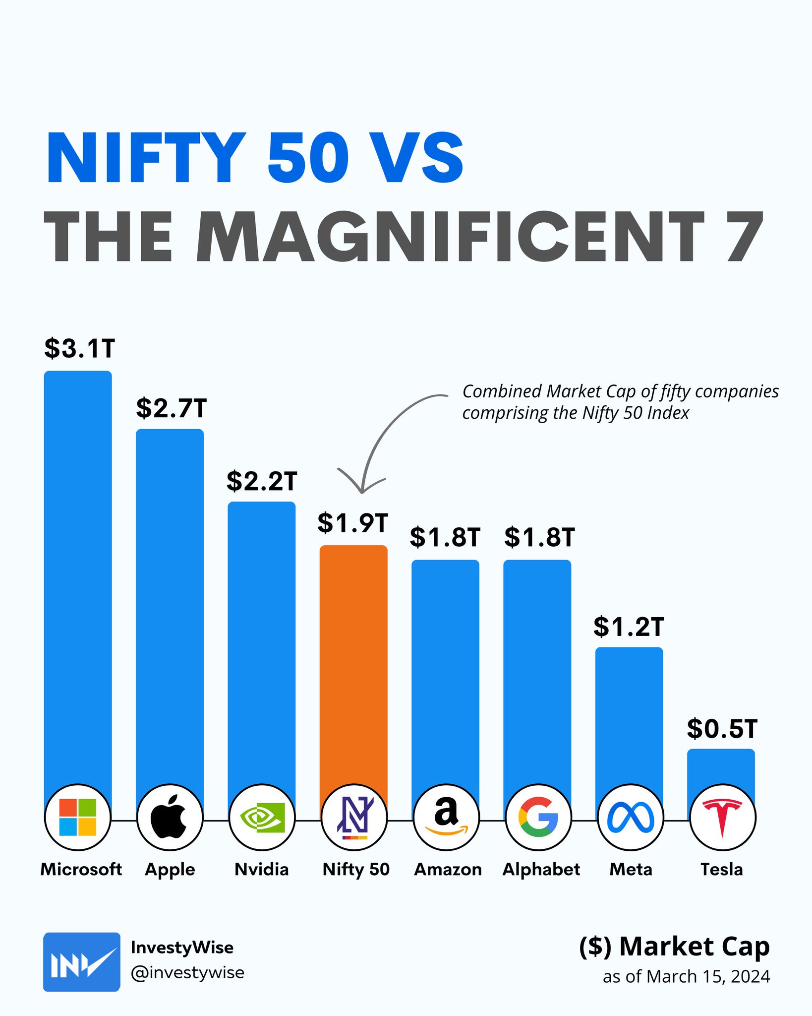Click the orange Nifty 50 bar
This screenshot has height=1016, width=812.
pos(353,660)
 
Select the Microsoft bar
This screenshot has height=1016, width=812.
pos(78,571)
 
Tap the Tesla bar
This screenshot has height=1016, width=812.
pos(721,769)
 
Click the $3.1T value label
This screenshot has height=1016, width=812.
pos(79,348)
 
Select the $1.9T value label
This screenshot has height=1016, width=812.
pos(352,523)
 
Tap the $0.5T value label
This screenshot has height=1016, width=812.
pos(722,729)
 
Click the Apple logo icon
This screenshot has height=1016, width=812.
pos(170,817)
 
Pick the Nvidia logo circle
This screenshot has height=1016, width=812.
pos(262,817)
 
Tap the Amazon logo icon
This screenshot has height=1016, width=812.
pos(446,817)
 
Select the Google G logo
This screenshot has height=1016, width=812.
pos(538,817)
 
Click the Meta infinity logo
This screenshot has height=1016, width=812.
pos(630,817)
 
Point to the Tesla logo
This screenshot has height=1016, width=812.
pos(722,817)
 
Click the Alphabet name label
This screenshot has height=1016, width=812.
pos(541,869)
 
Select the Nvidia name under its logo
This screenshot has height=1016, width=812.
pos(261,869)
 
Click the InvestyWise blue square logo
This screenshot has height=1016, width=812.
pos(81,962)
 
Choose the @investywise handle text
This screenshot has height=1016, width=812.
pos(187,973)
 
